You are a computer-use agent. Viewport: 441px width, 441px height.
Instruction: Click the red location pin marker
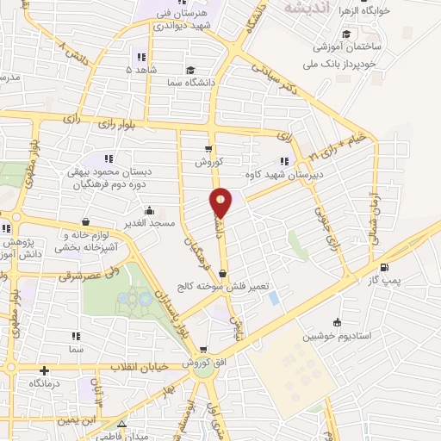click(x=221, y=203)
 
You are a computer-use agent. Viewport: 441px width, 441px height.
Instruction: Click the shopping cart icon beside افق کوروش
click(x=204, y=350)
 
